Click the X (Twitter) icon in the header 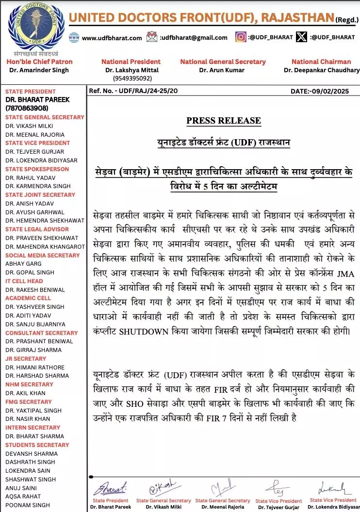302,37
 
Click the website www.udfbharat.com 112,38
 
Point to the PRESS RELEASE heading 224,121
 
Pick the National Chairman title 321,62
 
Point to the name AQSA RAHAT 23,496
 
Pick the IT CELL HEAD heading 24,281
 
